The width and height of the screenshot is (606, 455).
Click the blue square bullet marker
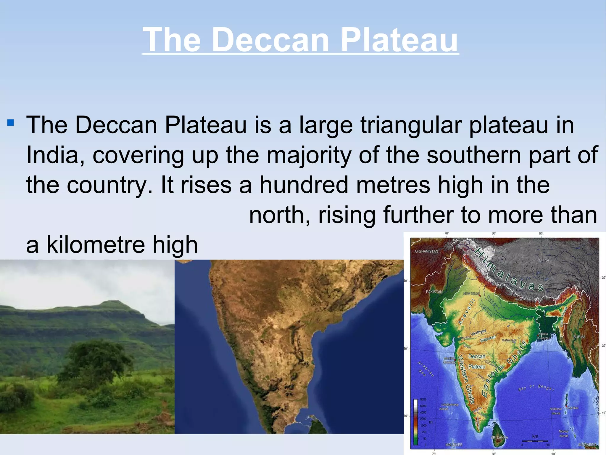coord(10,122)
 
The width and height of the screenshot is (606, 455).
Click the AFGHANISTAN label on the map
coord(426,251)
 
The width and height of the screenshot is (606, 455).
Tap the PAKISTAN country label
coord(434,292)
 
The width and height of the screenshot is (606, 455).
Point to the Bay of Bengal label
coord(536,387)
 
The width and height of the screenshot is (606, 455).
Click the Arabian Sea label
coord(426,369)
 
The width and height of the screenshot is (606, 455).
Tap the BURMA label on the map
coord(579,337)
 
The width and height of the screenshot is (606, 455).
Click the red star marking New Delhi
coord(480,296)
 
